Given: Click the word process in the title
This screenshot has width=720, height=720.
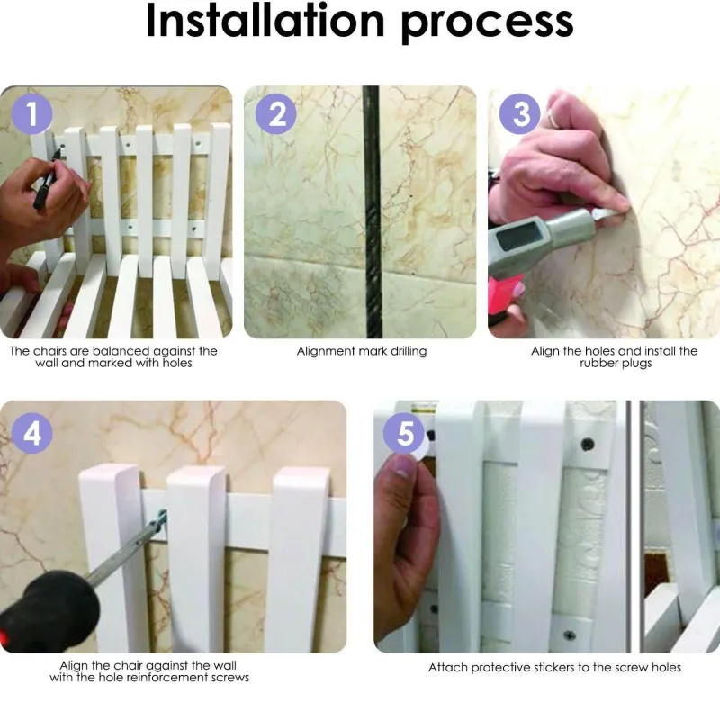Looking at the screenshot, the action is (x=488, y=25).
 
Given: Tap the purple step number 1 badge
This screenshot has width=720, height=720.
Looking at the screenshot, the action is (x=32, y=114).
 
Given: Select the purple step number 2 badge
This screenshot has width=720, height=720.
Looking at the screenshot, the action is (x=276, y=114).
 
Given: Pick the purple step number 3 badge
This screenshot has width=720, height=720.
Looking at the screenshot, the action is (x=520, y=114).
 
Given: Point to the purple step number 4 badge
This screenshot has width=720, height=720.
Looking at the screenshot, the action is (x=32, y=433).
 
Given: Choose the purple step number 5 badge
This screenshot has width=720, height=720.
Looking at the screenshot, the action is (x=404, y=433).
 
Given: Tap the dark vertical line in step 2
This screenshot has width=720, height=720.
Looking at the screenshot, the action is (x=373, y=212).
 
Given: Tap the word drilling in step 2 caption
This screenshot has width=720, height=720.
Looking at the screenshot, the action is (x=409, y=351).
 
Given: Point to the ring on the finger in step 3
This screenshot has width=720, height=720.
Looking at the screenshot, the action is (x=553, y=119).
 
